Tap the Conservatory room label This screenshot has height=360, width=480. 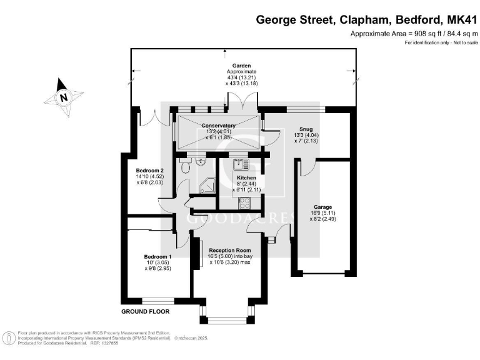218,125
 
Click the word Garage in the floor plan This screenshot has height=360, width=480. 322,207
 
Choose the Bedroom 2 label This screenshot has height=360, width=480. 150,170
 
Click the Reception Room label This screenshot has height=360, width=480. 229,249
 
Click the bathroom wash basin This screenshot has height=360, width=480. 201,161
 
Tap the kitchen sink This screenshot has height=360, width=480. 240,164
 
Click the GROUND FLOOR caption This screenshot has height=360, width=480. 145,311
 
